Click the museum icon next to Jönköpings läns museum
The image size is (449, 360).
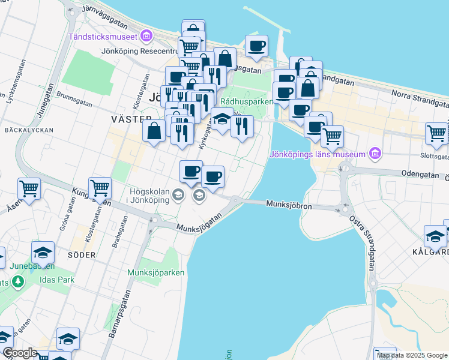click(x=375, y=154)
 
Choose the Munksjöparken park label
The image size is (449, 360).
click(x=156, y=272)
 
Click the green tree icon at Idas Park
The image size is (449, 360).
click(x=18, y=281)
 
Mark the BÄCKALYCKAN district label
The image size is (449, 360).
click(x=28, y=130)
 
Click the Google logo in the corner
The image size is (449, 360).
click(x=20, y=353)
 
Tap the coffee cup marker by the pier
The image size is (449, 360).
click(x=256, y=46)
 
